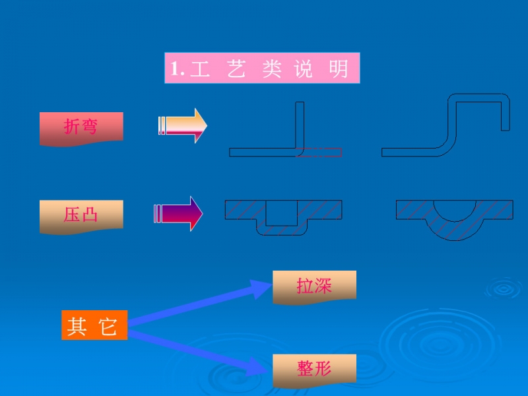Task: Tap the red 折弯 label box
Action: click(81, 127)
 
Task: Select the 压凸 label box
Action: click(81, 214)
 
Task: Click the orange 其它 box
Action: click(94, 325)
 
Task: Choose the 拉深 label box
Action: click(314, 286)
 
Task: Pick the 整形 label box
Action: click(314, 370)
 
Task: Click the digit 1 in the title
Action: click(174, 69)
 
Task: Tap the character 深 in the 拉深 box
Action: click(323, 286)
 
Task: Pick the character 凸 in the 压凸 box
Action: click(90, 214)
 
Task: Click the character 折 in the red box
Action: click(72, 127)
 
